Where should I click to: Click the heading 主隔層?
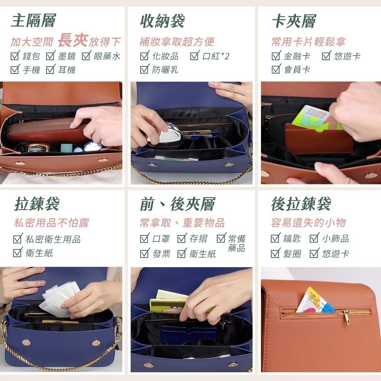pos(33,21)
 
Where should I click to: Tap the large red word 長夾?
pos(73,40)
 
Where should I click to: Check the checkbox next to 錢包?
pos(15,56)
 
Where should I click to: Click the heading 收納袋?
pos(162,21)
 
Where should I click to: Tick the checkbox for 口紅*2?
pos(195,56)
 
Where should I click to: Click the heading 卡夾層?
pos(294,21)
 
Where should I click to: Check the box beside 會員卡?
pos(276,69)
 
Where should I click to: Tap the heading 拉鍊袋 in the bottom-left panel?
pos(37,204)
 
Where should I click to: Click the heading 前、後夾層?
pos(177,204)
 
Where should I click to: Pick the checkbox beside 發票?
pos(144,253)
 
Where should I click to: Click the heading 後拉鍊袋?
pos(301,204)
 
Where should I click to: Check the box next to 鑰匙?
pos(276,239)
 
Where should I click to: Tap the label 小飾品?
pos(335,239)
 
